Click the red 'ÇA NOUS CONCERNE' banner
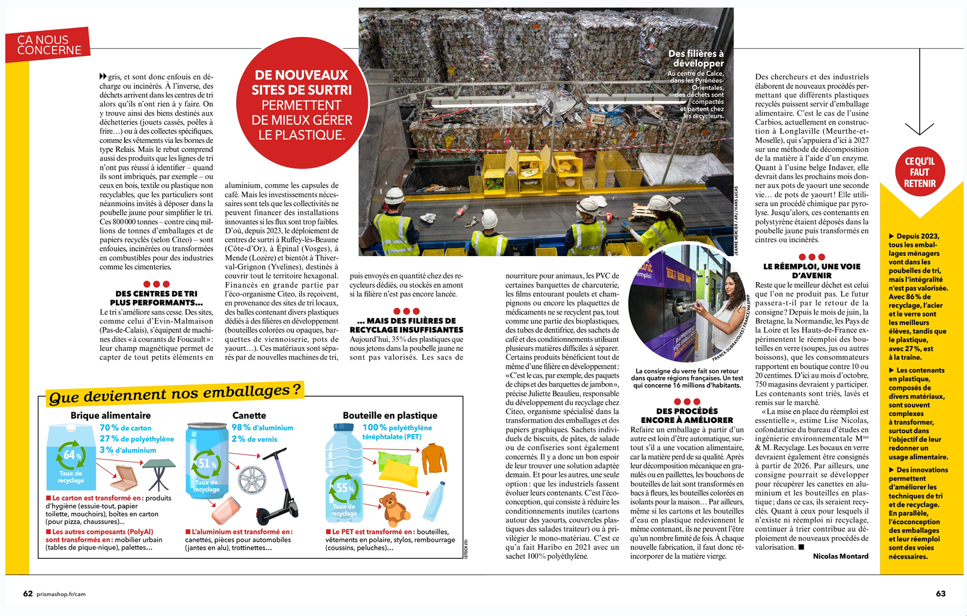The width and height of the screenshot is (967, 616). point(49,45)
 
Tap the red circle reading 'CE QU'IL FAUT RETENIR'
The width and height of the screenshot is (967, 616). point(920,172)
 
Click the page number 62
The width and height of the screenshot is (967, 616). point(28,594)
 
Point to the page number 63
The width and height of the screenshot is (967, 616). point(940,594)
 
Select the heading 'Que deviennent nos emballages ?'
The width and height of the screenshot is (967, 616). point(175,393)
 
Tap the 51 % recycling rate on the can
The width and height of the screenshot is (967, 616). point(206,464)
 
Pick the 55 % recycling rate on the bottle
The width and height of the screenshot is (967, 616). point(344,488)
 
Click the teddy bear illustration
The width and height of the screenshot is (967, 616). point(394,509)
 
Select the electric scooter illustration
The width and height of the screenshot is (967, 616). point(280,488)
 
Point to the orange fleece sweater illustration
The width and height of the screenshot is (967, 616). point(434,458)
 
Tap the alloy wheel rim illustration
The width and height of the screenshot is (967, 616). point(252,479)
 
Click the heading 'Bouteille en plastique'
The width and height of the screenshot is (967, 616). point(390,415)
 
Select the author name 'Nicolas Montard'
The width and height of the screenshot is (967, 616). point(841,556)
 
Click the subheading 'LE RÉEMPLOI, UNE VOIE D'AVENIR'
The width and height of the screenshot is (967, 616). point(812,271)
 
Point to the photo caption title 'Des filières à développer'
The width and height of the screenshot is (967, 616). point(696,58)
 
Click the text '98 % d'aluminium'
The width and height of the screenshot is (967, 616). point(262,428)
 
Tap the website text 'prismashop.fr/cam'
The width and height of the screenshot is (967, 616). point(61,594)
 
